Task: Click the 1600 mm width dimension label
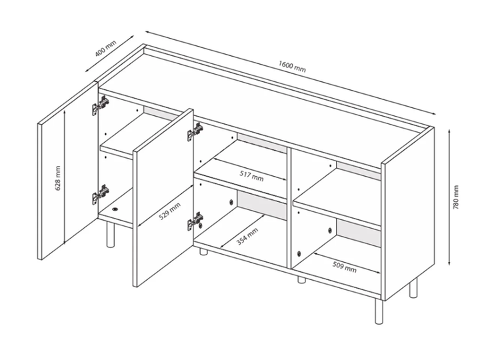(292, 67)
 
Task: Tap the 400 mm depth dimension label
(105, 49)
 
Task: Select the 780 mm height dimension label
(456, 197)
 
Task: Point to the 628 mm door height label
(58, 178)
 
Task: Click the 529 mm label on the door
(169, 211)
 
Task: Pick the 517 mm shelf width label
(251, 176)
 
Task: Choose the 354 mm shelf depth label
(247, 237)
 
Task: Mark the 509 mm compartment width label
(345, 266)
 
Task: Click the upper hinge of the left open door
(101, 105)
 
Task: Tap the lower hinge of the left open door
(101, 194)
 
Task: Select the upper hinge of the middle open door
(195, 131)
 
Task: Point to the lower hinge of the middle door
(195, 221)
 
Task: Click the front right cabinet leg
(379, 311)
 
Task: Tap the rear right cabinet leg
(413, 288)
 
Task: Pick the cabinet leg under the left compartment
(110, 235)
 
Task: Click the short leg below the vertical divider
(301, 280)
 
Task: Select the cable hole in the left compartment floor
(115, 209)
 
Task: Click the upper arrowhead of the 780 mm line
(449, 131)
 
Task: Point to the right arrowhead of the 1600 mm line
(433, 113)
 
